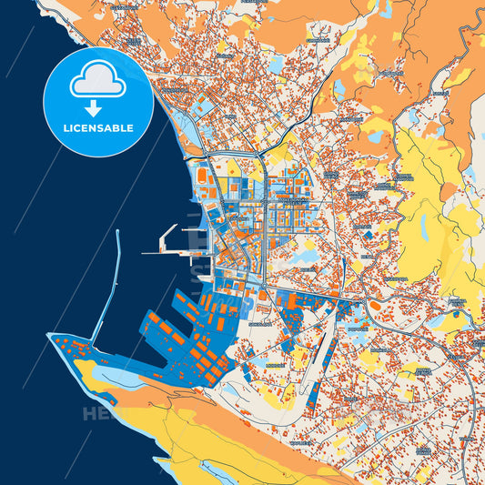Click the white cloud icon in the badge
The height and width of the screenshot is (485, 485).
tap(98, 82)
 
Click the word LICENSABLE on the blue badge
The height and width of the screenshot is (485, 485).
tap(98, 127)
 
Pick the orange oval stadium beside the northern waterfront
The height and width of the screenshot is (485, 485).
tap(202, 170)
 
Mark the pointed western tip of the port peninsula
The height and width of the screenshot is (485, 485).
tap(50, 336)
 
